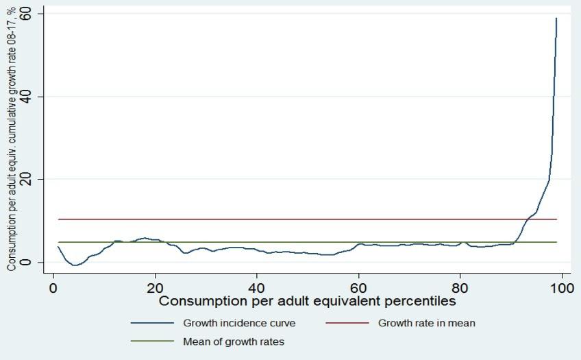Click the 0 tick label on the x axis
coord(53,287)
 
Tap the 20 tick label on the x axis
coord(155,287)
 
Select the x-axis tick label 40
coord(257,287)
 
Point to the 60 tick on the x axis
coord(358,287)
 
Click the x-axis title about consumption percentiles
coord(308,300)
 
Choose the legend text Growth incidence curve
coord(239,322)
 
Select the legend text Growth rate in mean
coord(426,322)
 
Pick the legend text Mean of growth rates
coord(234,341)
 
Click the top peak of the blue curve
coord(556,19)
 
